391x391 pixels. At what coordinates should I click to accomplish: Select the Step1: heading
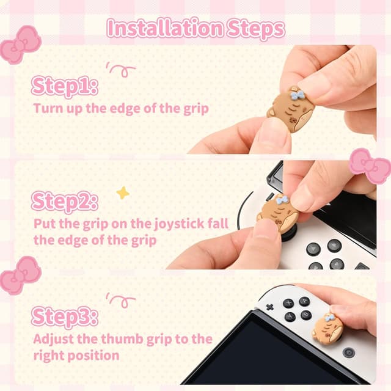pos(64,86)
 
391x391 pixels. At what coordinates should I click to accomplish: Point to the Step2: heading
pos(64,200)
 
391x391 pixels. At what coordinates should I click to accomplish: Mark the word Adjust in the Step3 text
pos(56,338)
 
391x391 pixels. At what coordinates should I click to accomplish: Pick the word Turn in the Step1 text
pos(45,109)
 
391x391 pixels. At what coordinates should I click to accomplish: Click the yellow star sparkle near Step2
pos(123,193)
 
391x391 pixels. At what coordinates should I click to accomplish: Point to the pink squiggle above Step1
pos(120,68)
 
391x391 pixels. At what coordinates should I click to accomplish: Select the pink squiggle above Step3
pos(120,299)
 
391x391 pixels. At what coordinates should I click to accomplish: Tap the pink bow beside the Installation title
pos(20,45)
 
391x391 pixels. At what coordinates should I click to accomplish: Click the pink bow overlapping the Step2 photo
pos(370,165)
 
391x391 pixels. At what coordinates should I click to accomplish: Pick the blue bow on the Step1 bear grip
pos(297,95)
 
